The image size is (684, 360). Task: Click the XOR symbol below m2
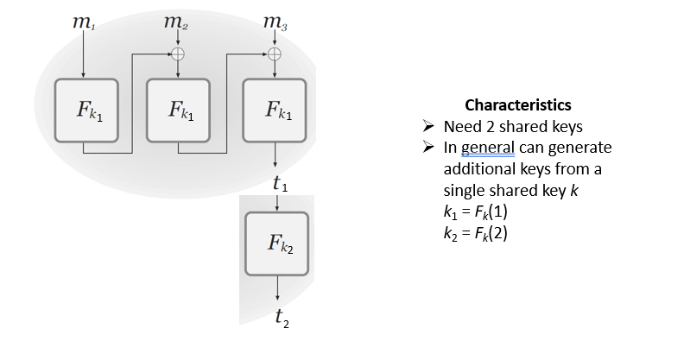(x=177, y=54)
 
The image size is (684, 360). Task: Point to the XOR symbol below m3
(x=274, y=54)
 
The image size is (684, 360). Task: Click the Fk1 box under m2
(x=177, y=111)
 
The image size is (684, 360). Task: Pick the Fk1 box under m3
(x=274, y=111)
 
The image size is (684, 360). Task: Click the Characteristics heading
(x=517, y=105)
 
